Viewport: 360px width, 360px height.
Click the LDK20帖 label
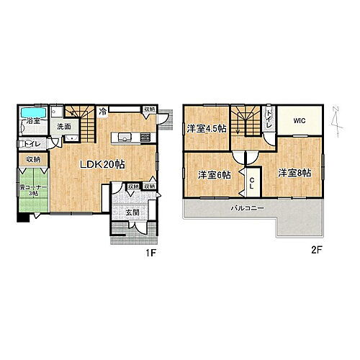102,165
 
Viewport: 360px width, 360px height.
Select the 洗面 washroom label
64,127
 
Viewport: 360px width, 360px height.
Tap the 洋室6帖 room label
215,174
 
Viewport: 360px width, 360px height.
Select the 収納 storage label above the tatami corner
33,159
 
